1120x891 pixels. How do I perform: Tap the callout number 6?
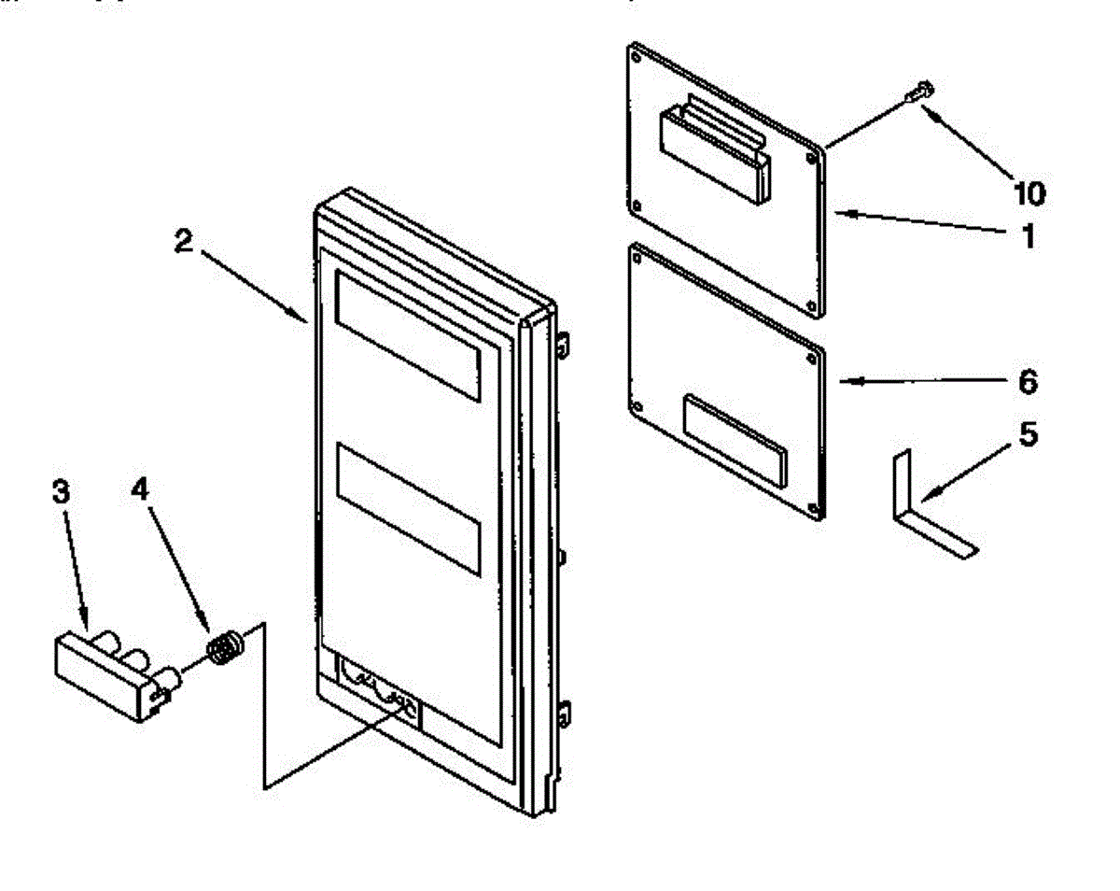1026,382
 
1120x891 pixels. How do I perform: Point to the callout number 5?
1027,436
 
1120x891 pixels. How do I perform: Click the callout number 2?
184,241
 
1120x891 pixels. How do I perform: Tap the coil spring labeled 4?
224,647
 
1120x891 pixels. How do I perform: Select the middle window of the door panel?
408,505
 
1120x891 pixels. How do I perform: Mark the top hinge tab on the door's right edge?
565,345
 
